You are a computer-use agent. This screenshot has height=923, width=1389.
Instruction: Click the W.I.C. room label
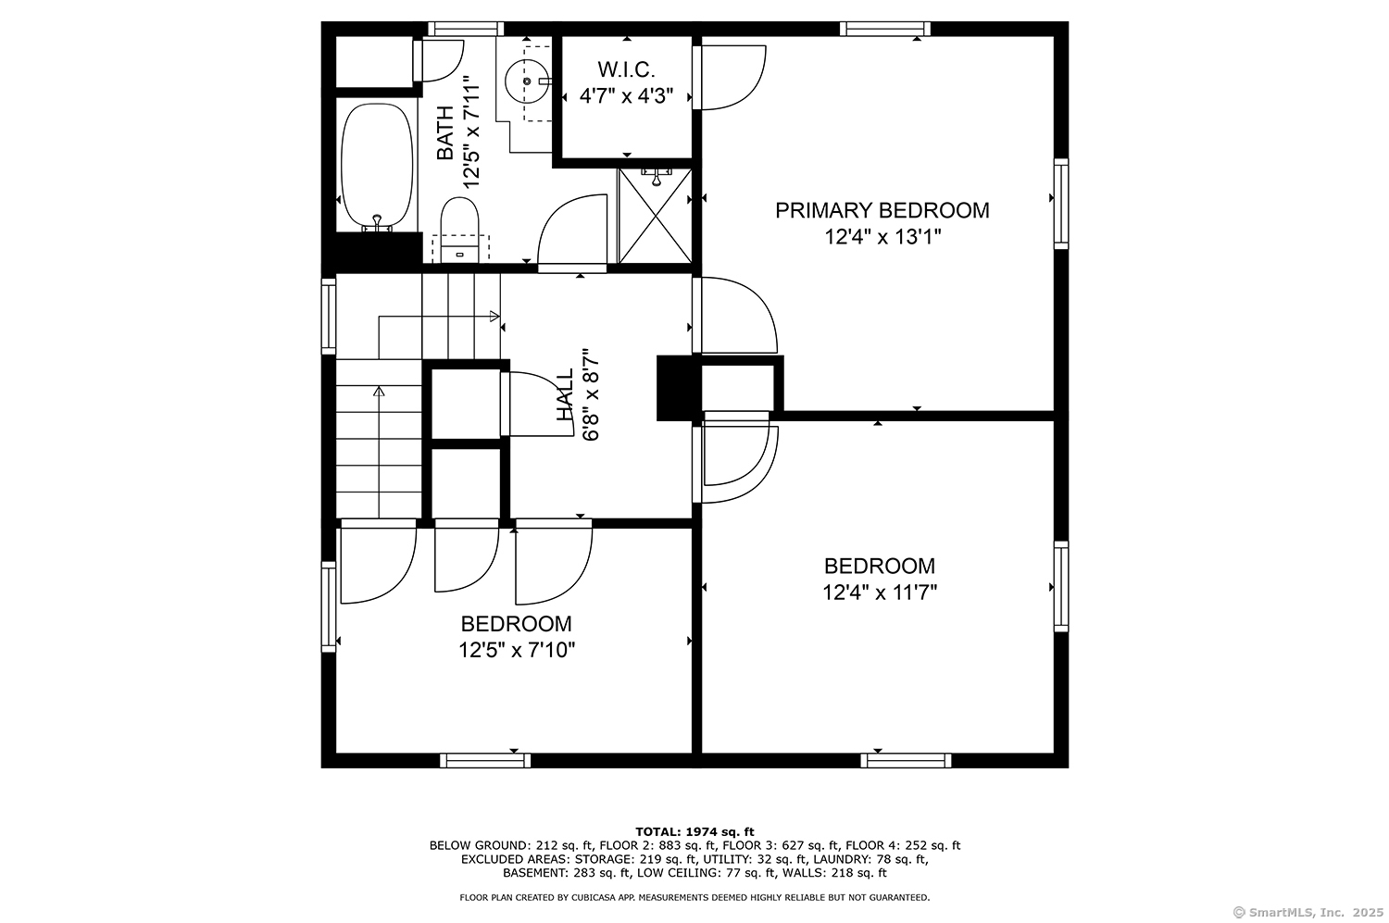coord(626,69)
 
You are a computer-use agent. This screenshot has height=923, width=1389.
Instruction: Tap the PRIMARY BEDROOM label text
coord(882,210)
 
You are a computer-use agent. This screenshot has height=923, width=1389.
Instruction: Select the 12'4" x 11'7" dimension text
coord(880,592)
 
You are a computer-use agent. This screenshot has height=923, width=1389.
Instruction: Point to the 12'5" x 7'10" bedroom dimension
coord(517,650)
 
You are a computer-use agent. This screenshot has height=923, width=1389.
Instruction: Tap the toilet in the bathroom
coord(460,230)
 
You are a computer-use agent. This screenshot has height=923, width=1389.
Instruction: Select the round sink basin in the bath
coord(527,81)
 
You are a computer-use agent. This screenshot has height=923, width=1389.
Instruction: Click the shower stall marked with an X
coord(655,215)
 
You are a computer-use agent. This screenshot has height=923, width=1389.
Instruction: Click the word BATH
coord(445,132)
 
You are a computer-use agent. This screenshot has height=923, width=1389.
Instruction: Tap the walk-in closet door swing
coord(730,78)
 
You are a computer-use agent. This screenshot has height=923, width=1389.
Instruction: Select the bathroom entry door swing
coord(571,233)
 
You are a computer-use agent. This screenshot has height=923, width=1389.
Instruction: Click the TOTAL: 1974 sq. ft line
coord(694,832)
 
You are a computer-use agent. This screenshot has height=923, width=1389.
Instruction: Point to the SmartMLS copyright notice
coord(1308,913)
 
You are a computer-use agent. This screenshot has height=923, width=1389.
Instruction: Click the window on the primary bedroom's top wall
coord(885,29)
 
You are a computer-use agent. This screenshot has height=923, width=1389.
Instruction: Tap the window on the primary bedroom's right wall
coord(1061,204)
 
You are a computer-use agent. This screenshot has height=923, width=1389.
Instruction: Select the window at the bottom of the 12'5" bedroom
coord(485,761)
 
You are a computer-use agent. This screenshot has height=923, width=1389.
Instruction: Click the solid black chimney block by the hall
coord(679,388)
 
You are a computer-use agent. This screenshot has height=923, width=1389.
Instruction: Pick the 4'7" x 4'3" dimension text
coord(626,96)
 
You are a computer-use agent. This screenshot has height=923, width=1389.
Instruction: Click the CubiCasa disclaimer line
coord(694,897)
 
